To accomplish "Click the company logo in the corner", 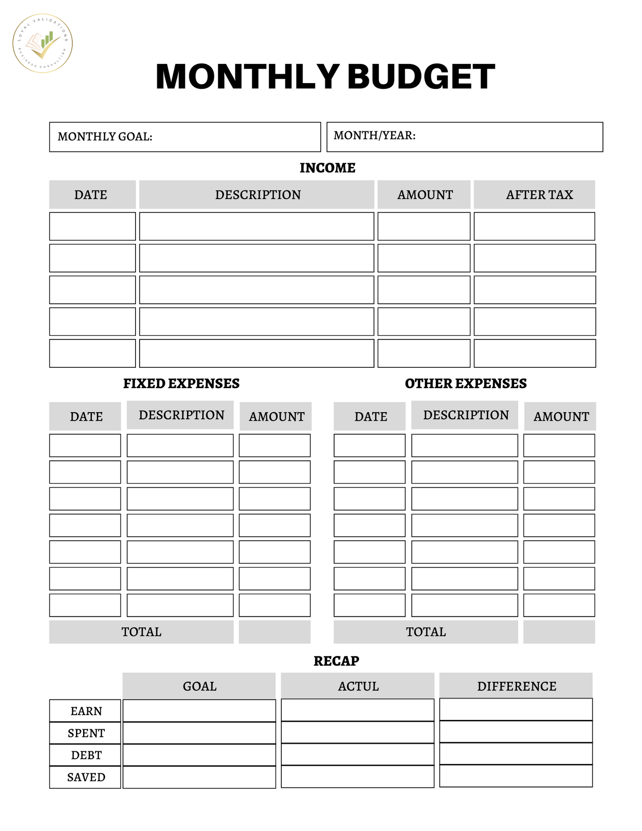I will click(43, 43).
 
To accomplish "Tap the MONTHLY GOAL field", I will click(185, 137).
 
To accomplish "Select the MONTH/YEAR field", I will click(464, 136).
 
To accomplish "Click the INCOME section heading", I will click(327, 168).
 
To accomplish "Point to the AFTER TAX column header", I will click(539, 195).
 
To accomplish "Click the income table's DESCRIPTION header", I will click(258, 195).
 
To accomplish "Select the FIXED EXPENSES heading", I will click(181, 383).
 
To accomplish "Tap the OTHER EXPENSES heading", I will click(466, 383).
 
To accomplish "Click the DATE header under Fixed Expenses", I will click(86, 417).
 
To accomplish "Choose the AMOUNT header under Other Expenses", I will click(561, 417).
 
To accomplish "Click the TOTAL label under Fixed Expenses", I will click(141, 632).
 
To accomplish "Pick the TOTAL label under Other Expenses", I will click(426, 632).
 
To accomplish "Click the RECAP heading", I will click(336, 661).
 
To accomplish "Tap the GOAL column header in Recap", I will click(199, 686).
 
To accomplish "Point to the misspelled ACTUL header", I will click(358, 686).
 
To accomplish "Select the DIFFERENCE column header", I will click(516, 686).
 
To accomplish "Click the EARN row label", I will click(86, 711).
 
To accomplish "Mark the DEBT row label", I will click(86, 755).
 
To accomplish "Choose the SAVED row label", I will click(86, 777).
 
